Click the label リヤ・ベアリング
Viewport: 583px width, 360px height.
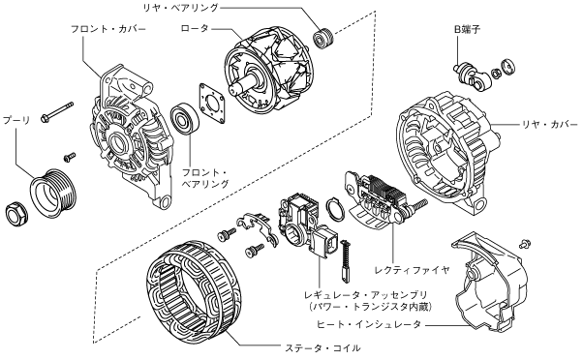tap(181, 8)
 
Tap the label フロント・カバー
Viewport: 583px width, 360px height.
tap(108, 29)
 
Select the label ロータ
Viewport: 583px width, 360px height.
tap(195, 28)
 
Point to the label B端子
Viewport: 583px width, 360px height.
tap(468, 29)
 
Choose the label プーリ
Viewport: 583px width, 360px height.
tap(16, 120)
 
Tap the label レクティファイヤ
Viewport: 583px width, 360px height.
tap(412, 269)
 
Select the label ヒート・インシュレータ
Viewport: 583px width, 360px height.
tap(369, 324)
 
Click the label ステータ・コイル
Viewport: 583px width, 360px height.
tap(322, 348)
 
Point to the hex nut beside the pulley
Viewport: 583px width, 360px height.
tap(16, 215)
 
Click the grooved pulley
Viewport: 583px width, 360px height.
tap(53, 195)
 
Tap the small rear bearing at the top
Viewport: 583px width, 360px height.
tap(322, 37)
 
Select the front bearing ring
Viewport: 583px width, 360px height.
tap(185, 119)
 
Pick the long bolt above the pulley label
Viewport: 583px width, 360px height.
tap(57, 112)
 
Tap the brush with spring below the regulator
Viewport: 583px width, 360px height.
tap(345, 258)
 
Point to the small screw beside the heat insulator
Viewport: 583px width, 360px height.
tap(526, 244)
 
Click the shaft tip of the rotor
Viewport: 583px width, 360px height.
tap(233, 90)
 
